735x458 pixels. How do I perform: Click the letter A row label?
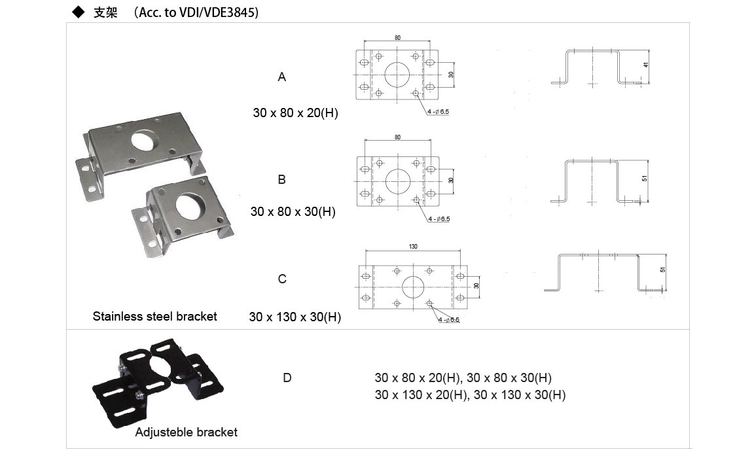coord(282,77)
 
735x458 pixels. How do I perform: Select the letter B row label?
coord(282,179)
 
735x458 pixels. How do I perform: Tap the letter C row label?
coord(282,279)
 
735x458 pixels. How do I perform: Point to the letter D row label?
coord(287,378)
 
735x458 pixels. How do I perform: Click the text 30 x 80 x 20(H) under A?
coord(295,113)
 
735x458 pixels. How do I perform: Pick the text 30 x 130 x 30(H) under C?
coord(295,317)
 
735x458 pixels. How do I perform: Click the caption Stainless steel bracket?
coord(154,317)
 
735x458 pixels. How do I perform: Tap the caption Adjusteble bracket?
coord(186,432)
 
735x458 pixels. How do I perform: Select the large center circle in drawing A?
coord(397,75)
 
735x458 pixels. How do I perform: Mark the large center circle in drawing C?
coord(413,287)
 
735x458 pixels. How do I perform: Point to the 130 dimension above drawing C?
coord(413,247)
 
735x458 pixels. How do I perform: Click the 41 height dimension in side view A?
coord(645,65)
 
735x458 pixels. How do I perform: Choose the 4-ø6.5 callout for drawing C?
coord(449,320)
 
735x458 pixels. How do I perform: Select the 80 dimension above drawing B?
coord(398,137)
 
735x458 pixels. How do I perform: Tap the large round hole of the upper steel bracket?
coord(145,139)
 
